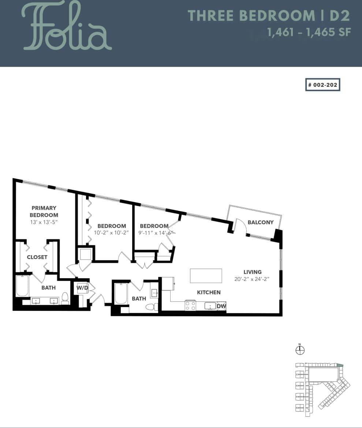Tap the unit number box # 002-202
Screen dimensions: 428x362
coord(322,85)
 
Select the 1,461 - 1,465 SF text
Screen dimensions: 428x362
coord(309,32)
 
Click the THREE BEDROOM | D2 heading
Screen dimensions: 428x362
coord(269,15)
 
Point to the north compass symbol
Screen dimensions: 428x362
coord(300,350)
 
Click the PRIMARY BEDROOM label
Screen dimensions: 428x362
coord(44,212)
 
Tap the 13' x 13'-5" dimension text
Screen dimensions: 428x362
coord(44,222)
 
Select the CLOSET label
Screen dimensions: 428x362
coord(37,257)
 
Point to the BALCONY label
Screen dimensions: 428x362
coord(260,222)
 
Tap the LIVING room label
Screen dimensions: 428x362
coord(253,272)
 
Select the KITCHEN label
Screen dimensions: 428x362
coord(209,292)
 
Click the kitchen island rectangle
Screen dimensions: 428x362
coord(206,275)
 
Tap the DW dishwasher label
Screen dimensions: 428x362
coord(221,306)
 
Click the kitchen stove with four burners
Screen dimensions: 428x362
coord(190,305)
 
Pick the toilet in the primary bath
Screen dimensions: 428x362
coord(65,298)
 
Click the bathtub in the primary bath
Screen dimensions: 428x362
coord(22,286)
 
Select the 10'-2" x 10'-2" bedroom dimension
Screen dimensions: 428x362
coord(111,232)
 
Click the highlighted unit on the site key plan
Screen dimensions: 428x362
coord(340,365)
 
